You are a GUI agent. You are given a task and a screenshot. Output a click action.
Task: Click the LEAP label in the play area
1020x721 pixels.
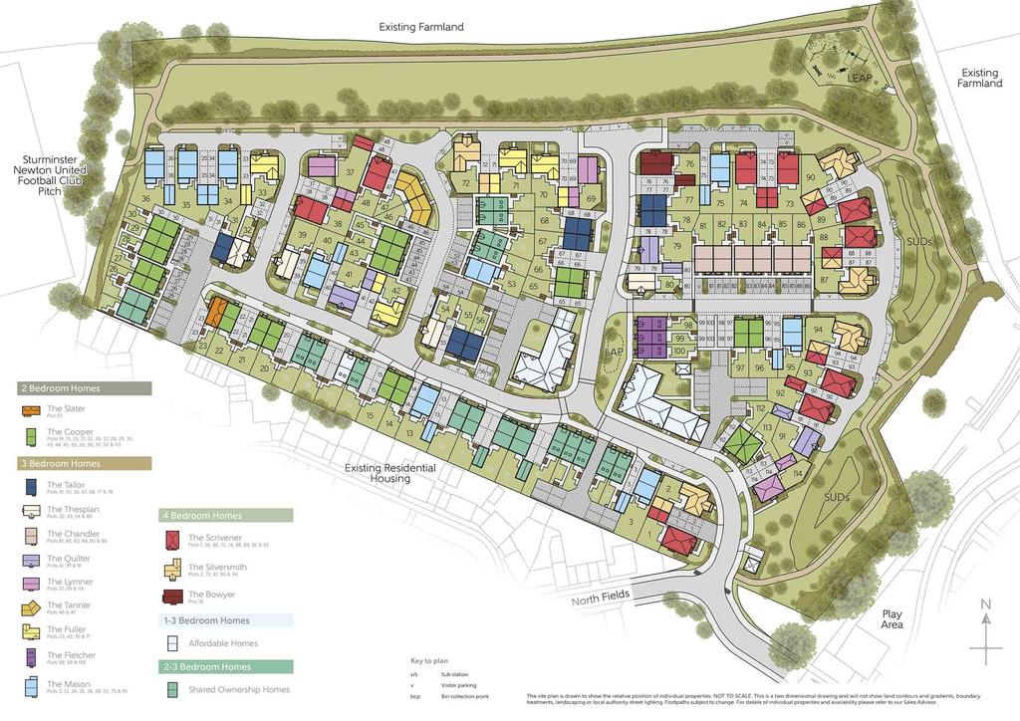(859, 77)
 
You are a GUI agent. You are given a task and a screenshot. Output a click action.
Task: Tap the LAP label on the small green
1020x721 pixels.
(613, 352)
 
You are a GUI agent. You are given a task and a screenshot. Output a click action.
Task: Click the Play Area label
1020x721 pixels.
(892, 619)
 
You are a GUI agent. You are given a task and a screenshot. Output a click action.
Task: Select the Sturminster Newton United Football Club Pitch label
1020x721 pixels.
(56, 174)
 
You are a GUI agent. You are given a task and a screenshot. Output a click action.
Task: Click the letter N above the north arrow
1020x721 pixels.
(984, 604)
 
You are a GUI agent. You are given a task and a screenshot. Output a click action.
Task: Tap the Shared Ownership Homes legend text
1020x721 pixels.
(239, 689)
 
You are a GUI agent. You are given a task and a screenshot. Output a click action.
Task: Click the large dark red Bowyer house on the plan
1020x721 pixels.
(655, 163)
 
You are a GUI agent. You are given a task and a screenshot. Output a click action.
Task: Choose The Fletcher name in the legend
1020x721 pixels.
(72, 654)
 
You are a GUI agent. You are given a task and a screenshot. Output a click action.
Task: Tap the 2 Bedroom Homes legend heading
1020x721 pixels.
(60, 388)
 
